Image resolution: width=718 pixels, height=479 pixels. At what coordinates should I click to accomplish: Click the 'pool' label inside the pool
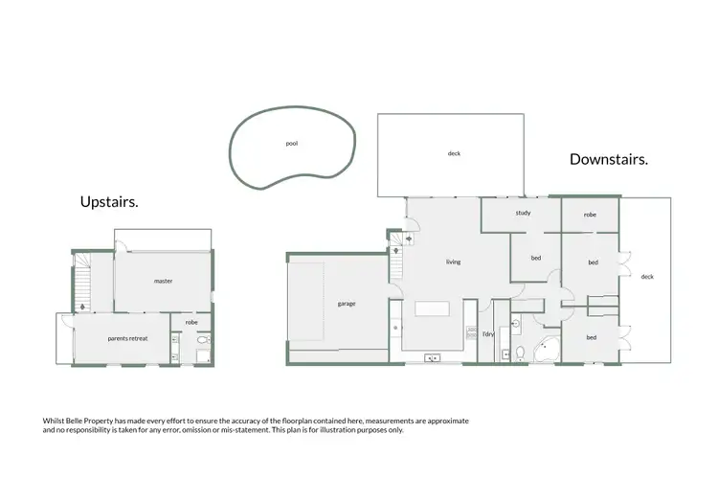pos(292,144)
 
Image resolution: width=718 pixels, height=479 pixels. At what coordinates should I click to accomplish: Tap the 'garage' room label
pos(347,304)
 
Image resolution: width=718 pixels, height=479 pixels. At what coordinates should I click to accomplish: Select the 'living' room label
pos(453,262)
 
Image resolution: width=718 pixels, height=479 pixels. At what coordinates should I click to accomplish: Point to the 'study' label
pos(523,213)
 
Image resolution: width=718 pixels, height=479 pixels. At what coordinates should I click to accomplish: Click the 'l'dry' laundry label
pos(487,334)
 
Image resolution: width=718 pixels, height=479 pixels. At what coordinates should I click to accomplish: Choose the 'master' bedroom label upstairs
pos(163,281)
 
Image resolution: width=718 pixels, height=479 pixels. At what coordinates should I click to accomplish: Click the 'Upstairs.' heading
pos(109,202)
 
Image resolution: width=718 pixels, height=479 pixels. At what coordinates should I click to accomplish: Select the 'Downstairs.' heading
pos(609,159)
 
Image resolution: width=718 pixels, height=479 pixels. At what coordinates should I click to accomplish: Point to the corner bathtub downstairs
pos(547,350)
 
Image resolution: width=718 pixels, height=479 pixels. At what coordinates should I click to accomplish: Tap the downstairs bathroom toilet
pos(519,354)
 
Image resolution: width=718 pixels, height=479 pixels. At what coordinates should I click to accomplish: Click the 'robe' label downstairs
pos(590,216)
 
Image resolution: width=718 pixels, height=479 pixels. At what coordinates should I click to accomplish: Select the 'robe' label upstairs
pos(191,324)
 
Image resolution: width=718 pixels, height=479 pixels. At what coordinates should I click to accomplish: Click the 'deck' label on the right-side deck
pos(647,277)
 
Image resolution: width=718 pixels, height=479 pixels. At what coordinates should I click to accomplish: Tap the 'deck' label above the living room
pos(454,153)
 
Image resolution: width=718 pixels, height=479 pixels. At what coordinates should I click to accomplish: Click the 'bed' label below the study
pos(536,258)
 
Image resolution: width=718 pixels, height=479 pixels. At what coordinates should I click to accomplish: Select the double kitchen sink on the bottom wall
pos(434,358)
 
